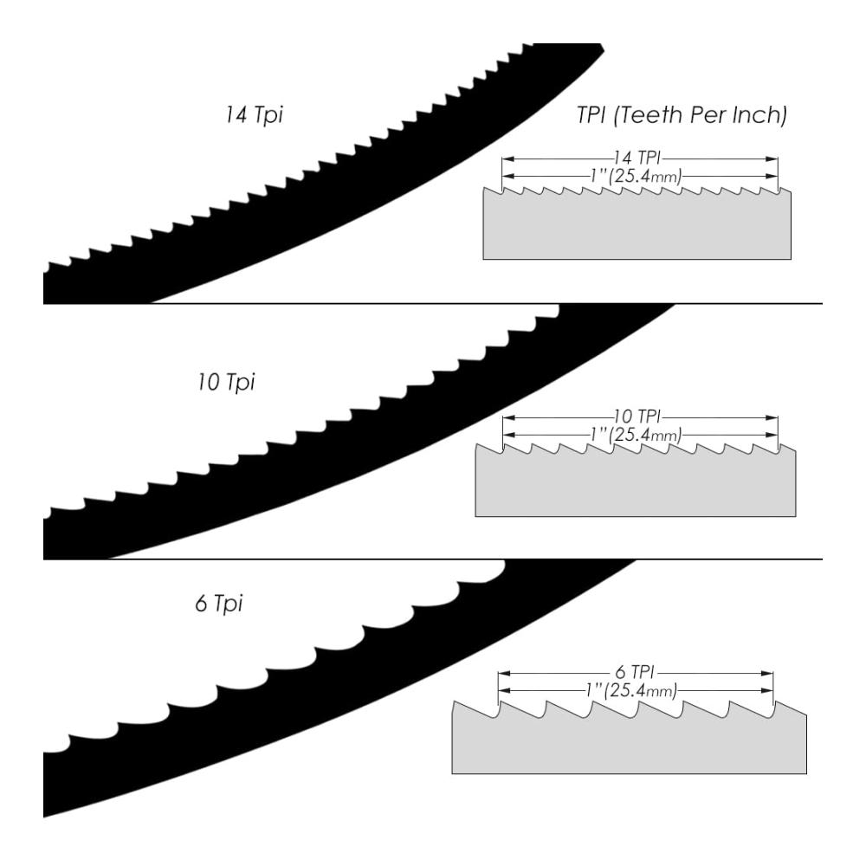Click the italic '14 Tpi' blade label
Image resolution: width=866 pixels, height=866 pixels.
(254, 115)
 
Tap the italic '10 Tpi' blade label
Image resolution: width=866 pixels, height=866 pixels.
(226, 382)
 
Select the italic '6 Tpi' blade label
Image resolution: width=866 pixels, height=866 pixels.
(219, 603)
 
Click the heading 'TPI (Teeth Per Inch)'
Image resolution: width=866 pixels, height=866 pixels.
(682, 115)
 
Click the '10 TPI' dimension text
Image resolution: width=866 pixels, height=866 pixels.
(637, 417)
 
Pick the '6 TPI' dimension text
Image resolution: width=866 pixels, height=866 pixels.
(635, 672)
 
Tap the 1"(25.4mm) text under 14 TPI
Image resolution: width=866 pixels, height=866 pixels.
(636, 176)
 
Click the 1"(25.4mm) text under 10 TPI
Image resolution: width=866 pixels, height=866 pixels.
(636, 435)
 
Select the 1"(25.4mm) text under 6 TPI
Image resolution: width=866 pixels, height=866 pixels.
(631, 690)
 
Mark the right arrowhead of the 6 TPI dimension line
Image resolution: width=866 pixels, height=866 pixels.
(766, 673)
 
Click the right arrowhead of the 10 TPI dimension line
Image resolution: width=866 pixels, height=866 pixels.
(772, 417)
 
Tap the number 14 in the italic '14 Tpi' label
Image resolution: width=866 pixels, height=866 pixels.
(236, 115)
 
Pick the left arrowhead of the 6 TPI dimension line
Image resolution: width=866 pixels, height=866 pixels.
(504, 673)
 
